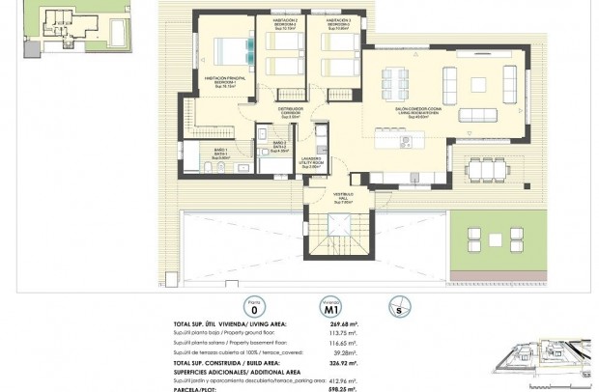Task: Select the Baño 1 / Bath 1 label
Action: (x=220, y=153)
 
